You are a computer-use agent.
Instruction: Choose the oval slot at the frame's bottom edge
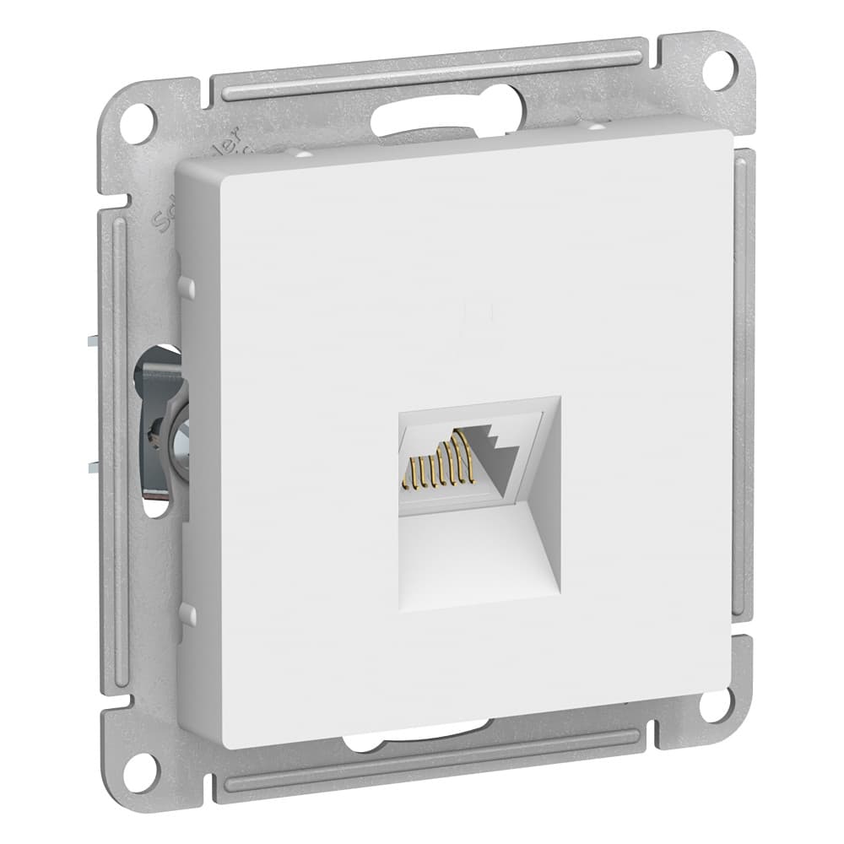click(x=414, y=744)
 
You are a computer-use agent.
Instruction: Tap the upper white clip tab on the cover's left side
click(x=187, y=287)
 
